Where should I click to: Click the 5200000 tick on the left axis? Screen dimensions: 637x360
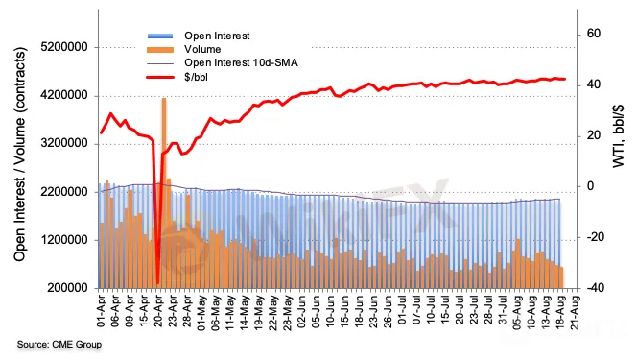tap(64, 47)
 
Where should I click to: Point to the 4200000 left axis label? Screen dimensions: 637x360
tap(64, 95)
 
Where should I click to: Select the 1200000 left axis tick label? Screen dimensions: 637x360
tap(64, 240)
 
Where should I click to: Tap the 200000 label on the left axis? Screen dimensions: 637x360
tap(67, 288)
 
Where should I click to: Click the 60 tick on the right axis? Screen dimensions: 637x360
tap(594, 34)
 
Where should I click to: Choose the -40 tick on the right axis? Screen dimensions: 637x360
tap(592, 288)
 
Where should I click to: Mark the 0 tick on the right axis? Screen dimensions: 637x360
tap(590, 186)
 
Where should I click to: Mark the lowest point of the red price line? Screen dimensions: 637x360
tap(157, 283)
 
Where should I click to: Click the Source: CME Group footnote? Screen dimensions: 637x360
tap(59, 345)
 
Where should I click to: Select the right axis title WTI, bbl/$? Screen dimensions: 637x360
tap(619, 136)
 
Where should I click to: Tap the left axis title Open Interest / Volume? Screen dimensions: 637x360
tap(19, 155)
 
